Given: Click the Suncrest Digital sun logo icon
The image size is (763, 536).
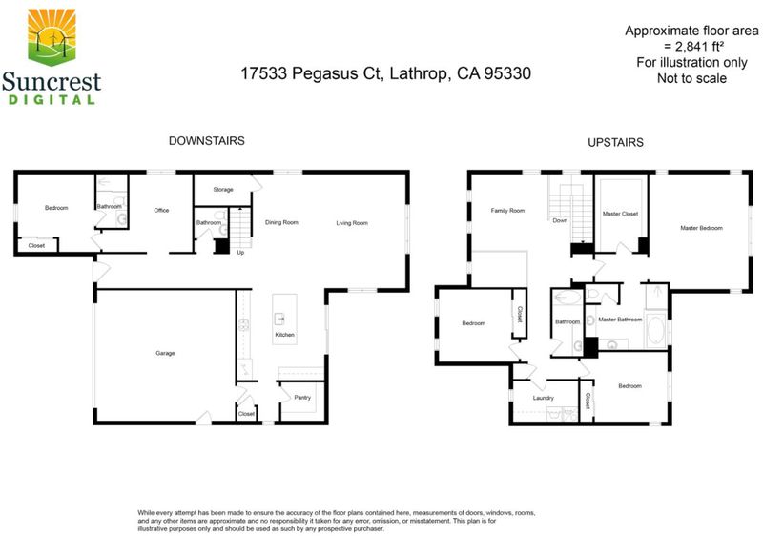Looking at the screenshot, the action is (x=52, y=36).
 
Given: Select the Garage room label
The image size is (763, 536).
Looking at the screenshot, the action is (x=165, y=353).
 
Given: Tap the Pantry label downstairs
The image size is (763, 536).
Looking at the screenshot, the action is (x=302, y=398).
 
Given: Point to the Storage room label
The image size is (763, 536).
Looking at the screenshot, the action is (x=223, y=189).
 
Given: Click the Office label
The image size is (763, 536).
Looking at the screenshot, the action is (x=161, y=210).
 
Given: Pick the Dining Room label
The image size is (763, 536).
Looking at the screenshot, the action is (x=281, y=222).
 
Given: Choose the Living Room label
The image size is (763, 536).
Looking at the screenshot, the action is (x=352, y=223).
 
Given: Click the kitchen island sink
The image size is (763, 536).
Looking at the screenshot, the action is (x=279, y=320).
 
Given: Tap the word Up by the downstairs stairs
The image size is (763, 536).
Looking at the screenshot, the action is (x=240, y=253).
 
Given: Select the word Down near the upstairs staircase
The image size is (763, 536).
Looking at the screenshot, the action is (x=560, y=220).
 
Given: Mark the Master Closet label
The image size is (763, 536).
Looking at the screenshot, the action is (x=621, y=214).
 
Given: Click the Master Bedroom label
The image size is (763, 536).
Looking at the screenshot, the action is (x=702, y=228).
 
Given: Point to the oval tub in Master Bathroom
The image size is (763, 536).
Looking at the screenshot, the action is (x=656, y=329).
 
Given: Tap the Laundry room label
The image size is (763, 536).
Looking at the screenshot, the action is (x=544, y=398).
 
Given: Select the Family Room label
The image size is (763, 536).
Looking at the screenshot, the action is (x=507, y=211).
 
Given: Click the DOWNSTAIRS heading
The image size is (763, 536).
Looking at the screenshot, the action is (x=207, y=141).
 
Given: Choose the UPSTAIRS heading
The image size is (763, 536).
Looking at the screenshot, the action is (x=615, y=142).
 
